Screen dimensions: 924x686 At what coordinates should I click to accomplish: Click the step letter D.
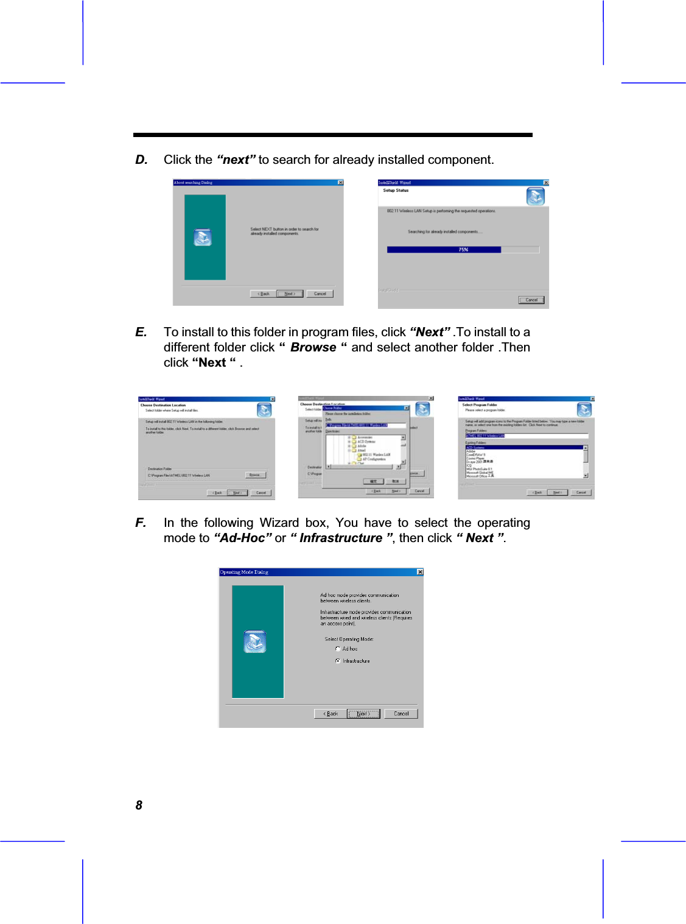click(x=141, y=160)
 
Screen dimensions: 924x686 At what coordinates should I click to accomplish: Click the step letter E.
click(x=141, y=332)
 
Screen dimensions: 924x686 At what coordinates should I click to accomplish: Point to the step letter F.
click(x=141, y=523)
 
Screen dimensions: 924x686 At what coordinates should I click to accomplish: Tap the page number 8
click(x=139, y=805)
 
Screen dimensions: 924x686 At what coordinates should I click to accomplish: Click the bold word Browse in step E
click(x=313, y=347)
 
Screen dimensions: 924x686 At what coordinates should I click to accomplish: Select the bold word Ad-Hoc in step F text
click(x=243, y=538)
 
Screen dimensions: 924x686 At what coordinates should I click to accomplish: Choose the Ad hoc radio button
click(x=338, y=649)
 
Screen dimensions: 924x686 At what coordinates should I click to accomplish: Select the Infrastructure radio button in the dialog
click(x=338, y=661)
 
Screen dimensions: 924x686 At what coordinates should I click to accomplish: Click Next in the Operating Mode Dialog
click(x=363, y=713)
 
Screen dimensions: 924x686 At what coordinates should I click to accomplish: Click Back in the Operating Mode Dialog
click(x=331, y=713)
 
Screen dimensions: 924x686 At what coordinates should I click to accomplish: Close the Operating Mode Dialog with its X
click(x=420, y=572)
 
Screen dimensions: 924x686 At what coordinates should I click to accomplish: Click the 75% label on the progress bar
click(x=463, y=250)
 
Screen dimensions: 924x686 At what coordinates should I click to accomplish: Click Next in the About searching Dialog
click(x=290, y=294)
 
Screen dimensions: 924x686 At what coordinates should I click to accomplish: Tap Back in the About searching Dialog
click(x=264, y=294)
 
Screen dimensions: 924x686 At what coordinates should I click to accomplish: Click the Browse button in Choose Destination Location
click(x=255, y=474)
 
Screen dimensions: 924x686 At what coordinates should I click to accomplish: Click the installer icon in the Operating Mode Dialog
click(x=255, y=641)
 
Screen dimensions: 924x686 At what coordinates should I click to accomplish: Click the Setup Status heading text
click(x=396, y=191)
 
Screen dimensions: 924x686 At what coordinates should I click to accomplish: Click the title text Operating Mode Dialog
click(x=244, y=572)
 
